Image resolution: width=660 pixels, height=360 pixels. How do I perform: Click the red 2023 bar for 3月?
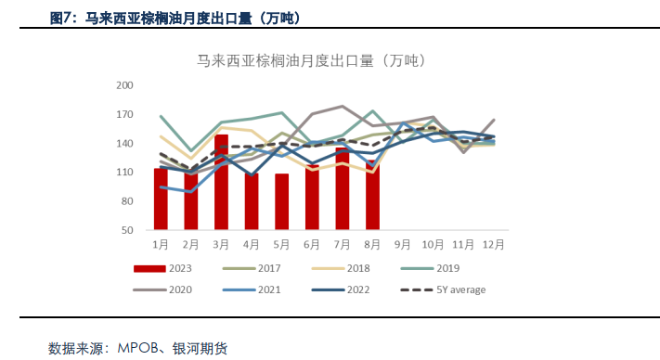(221, 182)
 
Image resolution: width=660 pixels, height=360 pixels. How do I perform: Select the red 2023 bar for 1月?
(161, 199)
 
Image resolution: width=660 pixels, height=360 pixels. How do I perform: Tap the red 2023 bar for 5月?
(281, 201)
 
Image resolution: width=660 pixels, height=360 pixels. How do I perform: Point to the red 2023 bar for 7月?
(342, 188)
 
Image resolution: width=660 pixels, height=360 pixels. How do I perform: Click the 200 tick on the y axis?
(124, 85)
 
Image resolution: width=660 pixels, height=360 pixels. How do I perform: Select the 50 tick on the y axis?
(127, 229)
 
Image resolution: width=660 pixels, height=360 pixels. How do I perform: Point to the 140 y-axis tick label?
(124, 143)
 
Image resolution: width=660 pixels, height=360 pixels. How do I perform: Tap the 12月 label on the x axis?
(493, 244)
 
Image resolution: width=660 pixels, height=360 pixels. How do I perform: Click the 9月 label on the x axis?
(403, 244)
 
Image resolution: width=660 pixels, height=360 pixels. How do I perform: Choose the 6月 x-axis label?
(312, 244)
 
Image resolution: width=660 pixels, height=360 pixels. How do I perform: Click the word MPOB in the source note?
(139, 349)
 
